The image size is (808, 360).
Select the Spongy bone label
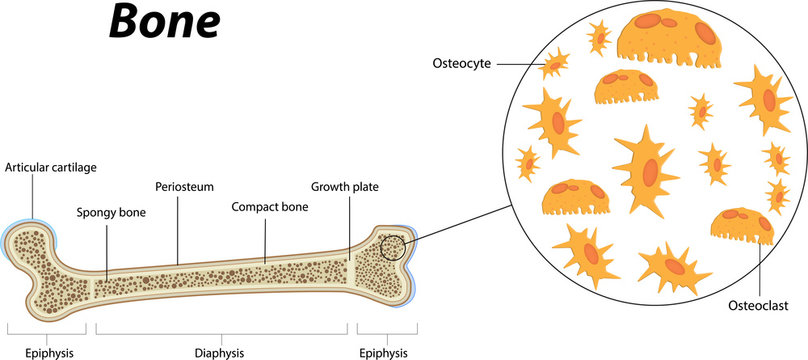[x=110, y=212]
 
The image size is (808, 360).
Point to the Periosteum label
[x=185, y=187]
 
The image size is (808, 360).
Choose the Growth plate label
[x=345, y=186]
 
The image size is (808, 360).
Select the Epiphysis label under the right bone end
[x=383, y=352]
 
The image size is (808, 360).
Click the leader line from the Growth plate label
[x=349, y=225]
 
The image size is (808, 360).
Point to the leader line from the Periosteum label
[x=178, y=228]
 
